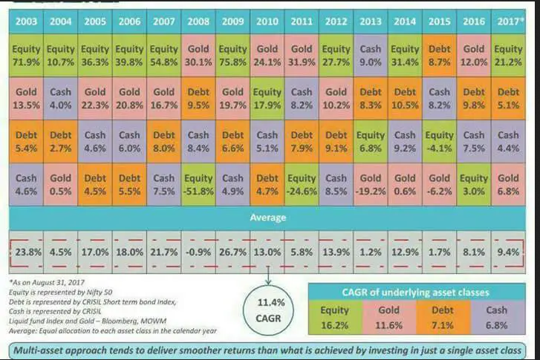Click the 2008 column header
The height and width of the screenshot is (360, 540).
[198, 22]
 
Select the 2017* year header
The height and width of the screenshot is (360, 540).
[508, 22]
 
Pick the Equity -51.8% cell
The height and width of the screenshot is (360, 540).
[198, 185]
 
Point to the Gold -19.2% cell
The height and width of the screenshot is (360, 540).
[370, 185]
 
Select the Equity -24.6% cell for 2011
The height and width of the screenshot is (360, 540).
[302, 185]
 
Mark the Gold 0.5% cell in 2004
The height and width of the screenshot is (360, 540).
[61, 185]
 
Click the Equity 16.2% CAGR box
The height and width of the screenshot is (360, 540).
[336, 318]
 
